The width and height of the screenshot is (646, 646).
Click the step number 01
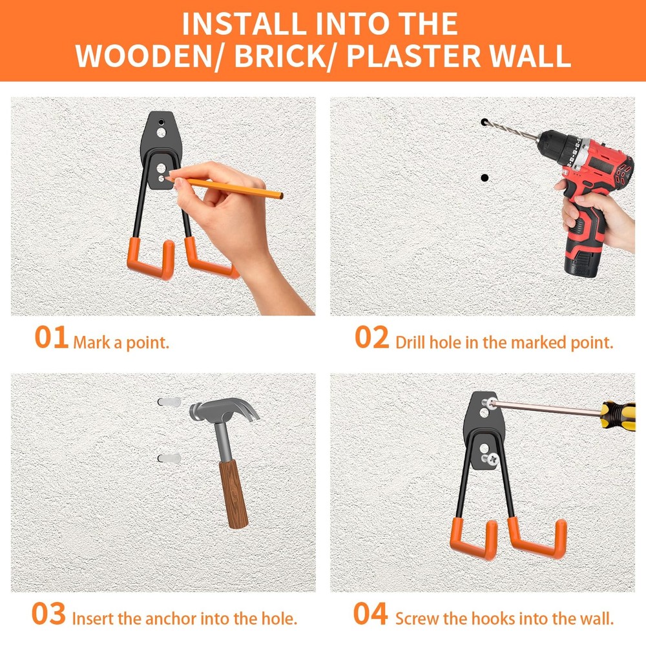tap(52, 337)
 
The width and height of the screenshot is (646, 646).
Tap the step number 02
tap(371, 337)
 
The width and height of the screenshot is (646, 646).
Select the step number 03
tap(48, 614)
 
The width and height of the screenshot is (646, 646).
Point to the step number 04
tap(370, 614)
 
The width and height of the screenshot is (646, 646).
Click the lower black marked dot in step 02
tap(484, 178)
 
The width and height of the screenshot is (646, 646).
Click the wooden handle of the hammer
tap(233, 494)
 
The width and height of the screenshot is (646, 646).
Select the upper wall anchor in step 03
tap(169, 402)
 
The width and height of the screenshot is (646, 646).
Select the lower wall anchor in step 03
tap(169, 458)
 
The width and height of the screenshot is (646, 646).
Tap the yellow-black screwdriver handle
tap(618, 415)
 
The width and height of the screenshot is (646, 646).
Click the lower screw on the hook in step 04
tap(491, 459)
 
